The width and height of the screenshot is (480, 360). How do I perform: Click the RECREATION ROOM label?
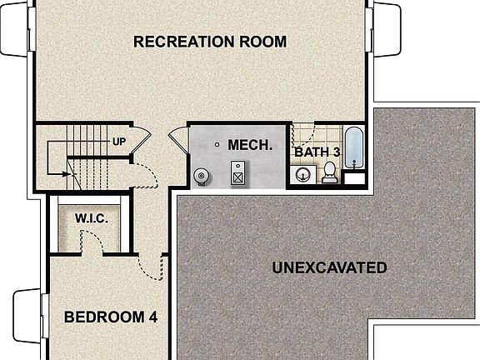pos(210,41)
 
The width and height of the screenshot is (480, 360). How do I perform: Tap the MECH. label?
pos(250,144)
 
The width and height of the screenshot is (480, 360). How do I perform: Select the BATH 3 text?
pos(317,152)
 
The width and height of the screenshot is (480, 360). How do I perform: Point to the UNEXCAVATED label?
pos(329,267)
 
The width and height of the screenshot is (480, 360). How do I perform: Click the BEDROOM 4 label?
pos(111,317)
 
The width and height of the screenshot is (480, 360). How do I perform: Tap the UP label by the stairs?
pos(119,141)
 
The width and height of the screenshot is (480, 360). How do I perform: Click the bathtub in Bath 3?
pos(353,147)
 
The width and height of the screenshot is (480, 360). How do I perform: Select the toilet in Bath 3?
pos(330,172)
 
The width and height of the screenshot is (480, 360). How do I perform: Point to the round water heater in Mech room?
pos(201,176)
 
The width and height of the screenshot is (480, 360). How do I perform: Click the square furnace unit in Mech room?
pos(239,175)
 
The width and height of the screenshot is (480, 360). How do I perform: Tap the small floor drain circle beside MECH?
pos(217,145)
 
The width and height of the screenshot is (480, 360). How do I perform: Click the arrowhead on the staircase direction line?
pos(66,174)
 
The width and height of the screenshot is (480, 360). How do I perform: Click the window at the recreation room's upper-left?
pos(14,28)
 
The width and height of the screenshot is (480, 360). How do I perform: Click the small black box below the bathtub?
pos(354,177)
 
